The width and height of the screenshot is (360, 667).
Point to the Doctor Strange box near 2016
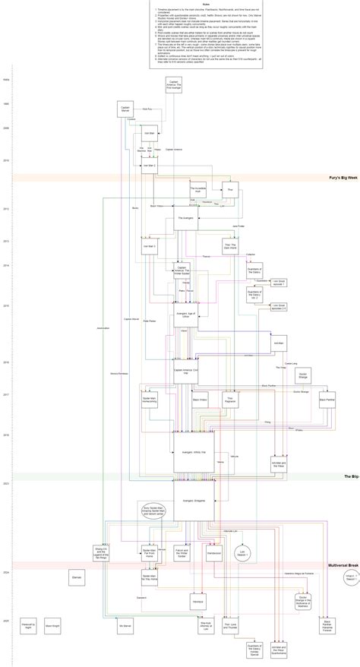pyautogui.click(x=303, y=375)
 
